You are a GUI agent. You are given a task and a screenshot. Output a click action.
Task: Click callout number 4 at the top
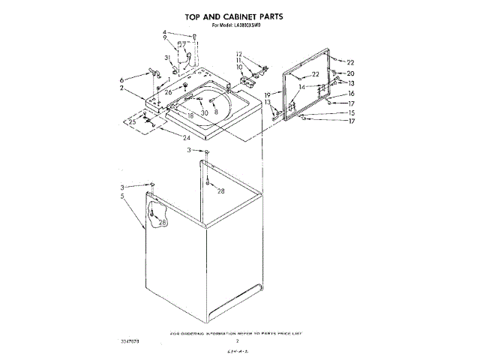pyautogui.click(x=164, y=32)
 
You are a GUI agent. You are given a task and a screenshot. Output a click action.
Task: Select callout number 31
pyautogui.click(x=167, y=58)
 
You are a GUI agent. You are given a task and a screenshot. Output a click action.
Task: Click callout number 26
pyautogui.click(x=169, y=92)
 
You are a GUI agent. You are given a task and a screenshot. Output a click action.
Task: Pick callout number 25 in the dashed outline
pyautogui.click(x=132, y=121)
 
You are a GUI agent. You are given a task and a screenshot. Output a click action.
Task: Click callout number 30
pyautogui.click(x=204, y=112)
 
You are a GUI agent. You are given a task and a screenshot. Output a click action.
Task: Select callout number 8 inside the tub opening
pyautogui.click(x=216, y=111)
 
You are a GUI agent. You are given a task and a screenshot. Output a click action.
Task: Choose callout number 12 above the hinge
pyautogui.click(x=239, y=53)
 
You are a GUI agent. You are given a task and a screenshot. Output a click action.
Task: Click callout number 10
pyautogui.click(x=239, y=67)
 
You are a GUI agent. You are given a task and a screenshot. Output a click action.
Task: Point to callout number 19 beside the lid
pyautogui.click(x=266, y=94)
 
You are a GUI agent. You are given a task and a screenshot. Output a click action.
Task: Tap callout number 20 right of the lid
pyautogui.click(x=350, y=73)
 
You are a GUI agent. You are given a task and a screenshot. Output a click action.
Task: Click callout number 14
pyautogui.click(x=301, y=87)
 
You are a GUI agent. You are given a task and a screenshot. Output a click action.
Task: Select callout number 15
pyautogui.click(x=350, y=112)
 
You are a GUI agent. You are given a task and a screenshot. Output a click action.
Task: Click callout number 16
pyautogui.click(x=350, y=93)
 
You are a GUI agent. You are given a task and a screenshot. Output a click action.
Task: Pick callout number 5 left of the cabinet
pyautogui.click(x=121, y=196)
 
